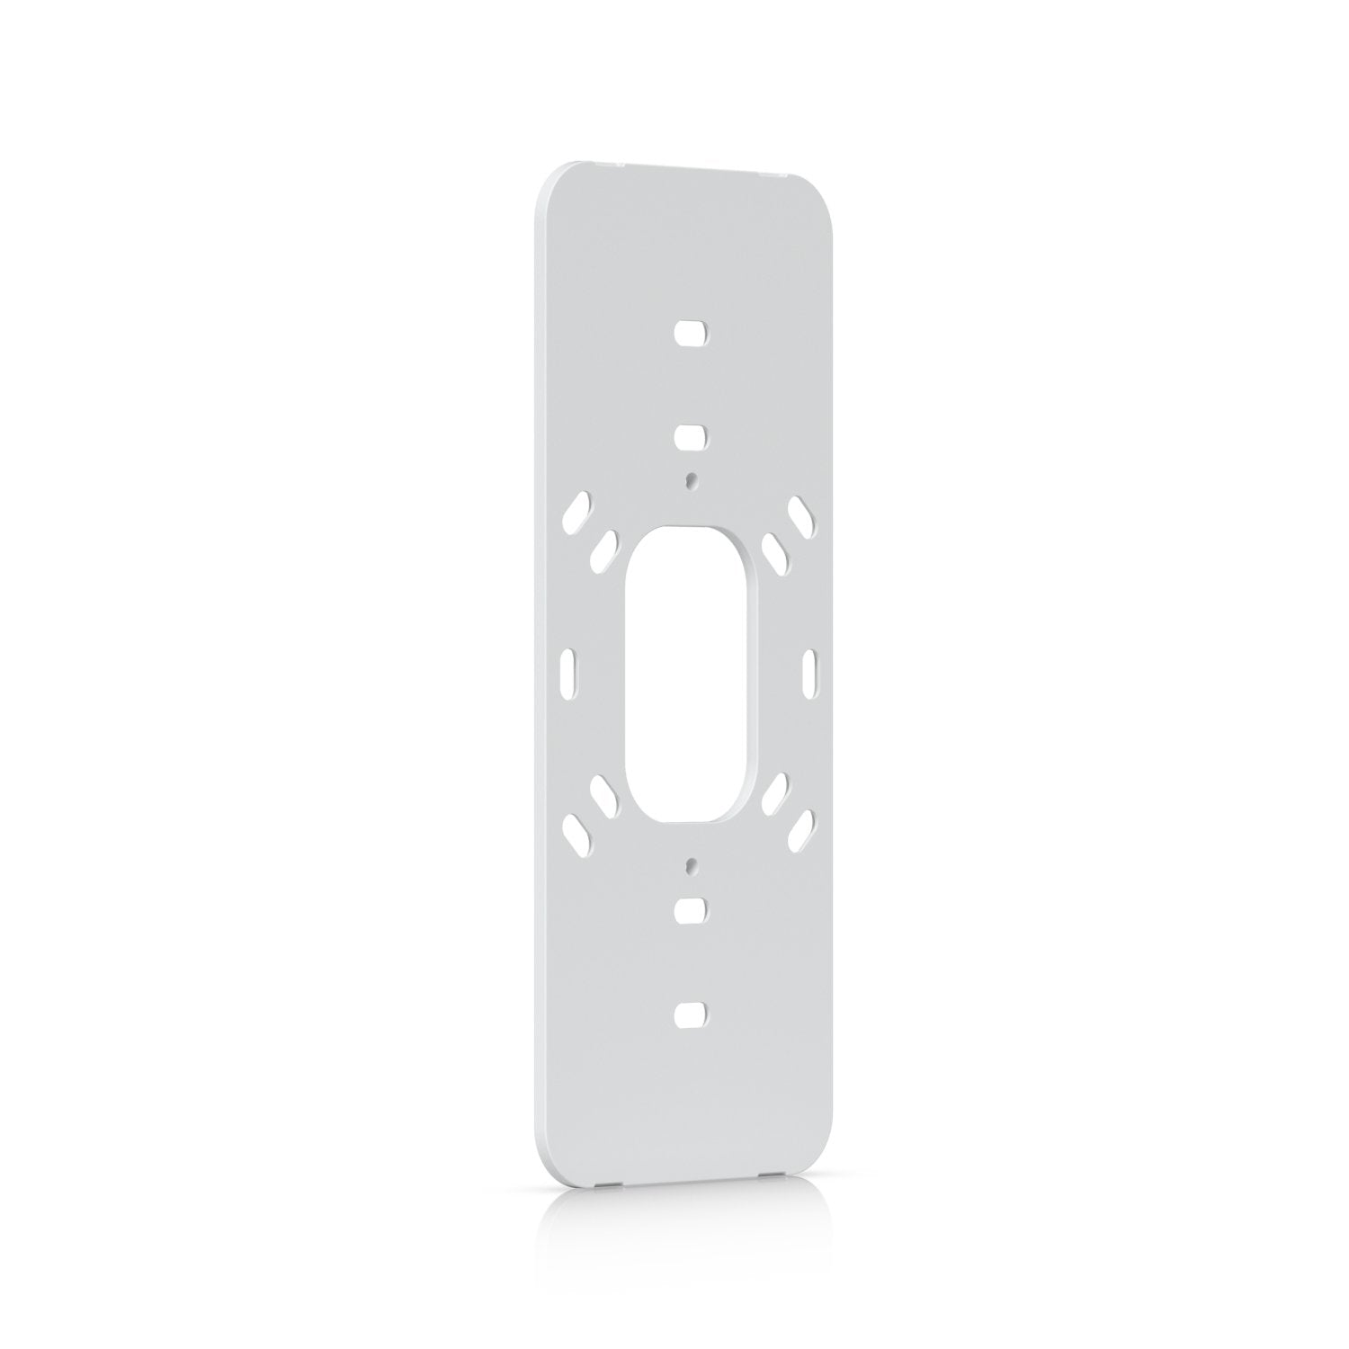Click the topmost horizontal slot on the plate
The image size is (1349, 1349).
(x=691, y=332)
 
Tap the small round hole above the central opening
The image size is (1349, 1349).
(x=691, y=480)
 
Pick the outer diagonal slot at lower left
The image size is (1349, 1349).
(x=576, y=833)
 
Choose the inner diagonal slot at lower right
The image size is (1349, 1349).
(x=774, y=791)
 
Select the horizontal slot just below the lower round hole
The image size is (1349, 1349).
(x=691, y=908)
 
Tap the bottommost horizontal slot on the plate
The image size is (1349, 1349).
(x=691, y=1014)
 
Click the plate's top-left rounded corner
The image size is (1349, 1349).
(x=549, y=180)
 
